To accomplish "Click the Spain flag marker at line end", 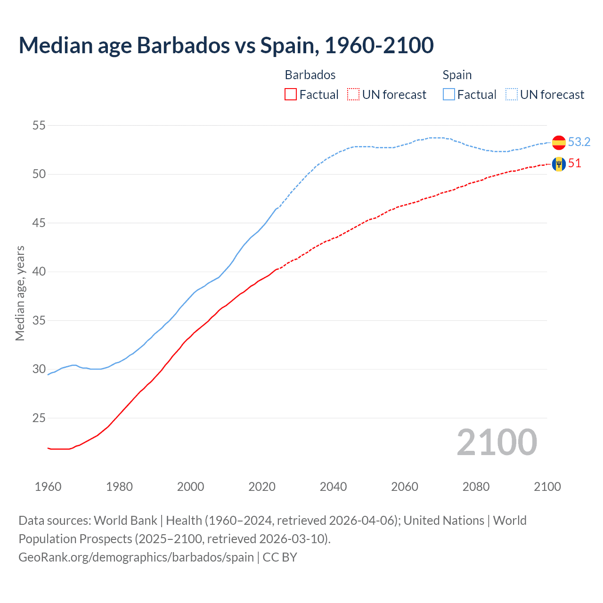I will point(559,142).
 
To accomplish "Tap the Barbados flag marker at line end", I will point(559,164).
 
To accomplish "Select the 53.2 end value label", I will point(579,142).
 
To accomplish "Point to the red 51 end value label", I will point(575,163).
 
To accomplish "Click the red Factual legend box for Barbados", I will point(291,95).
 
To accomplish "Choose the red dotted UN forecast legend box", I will point(353,95).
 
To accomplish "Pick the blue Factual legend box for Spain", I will point(449,95).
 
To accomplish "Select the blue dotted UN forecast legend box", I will point(512,95).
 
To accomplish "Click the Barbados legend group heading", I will point(310,75).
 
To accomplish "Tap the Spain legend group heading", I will point(457,75).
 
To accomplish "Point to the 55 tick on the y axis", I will point(39,126).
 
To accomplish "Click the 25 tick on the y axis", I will point(39,418).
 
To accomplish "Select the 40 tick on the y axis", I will point(39,272).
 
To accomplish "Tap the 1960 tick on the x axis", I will point(48,487).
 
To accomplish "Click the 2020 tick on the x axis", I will point(262,487).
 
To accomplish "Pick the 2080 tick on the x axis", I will point(476,487).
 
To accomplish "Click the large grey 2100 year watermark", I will point(497,442).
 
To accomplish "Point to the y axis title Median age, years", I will point(20,293).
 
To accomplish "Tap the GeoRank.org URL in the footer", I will point(136,557).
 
